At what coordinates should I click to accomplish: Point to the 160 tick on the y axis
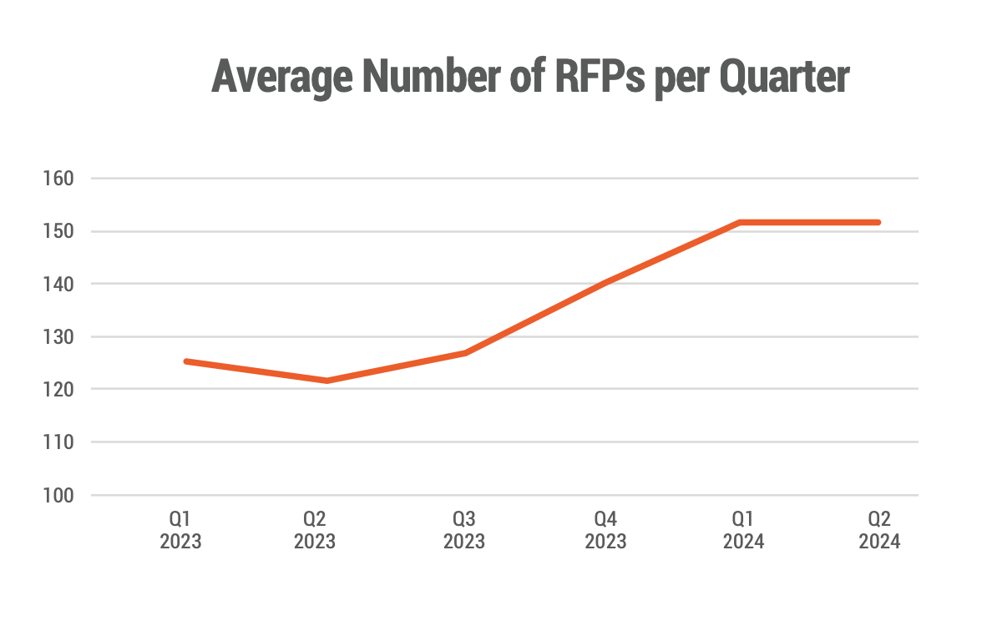(x=60, y=179)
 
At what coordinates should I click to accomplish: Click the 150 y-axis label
(x=60, y=231)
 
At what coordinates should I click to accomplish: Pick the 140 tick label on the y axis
(x=60, y=284)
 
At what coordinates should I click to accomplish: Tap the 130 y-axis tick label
(x=60, y=337)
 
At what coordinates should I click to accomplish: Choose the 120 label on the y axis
(x=60, y=390)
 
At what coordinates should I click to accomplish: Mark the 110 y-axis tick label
(x=60, y=442)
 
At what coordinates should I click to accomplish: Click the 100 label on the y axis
(x=60, y=496)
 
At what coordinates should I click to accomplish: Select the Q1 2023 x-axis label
(x=180, y=530)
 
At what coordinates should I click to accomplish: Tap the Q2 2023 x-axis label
(x=315, y=530)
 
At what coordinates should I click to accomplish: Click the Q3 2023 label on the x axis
(x=464, y=530)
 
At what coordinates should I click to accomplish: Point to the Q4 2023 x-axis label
(x=605, y=530)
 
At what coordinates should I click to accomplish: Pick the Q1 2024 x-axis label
(x=743, y=530)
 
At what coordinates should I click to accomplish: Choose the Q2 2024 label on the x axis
(x=879, y=530)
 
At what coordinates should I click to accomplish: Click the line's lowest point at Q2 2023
(x=327, y=381)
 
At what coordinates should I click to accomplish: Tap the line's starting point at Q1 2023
(x=186, y=361)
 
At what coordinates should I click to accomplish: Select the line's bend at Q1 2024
(x=741, y=223)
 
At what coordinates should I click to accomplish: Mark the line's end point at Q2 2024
(x=878, y=223)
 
